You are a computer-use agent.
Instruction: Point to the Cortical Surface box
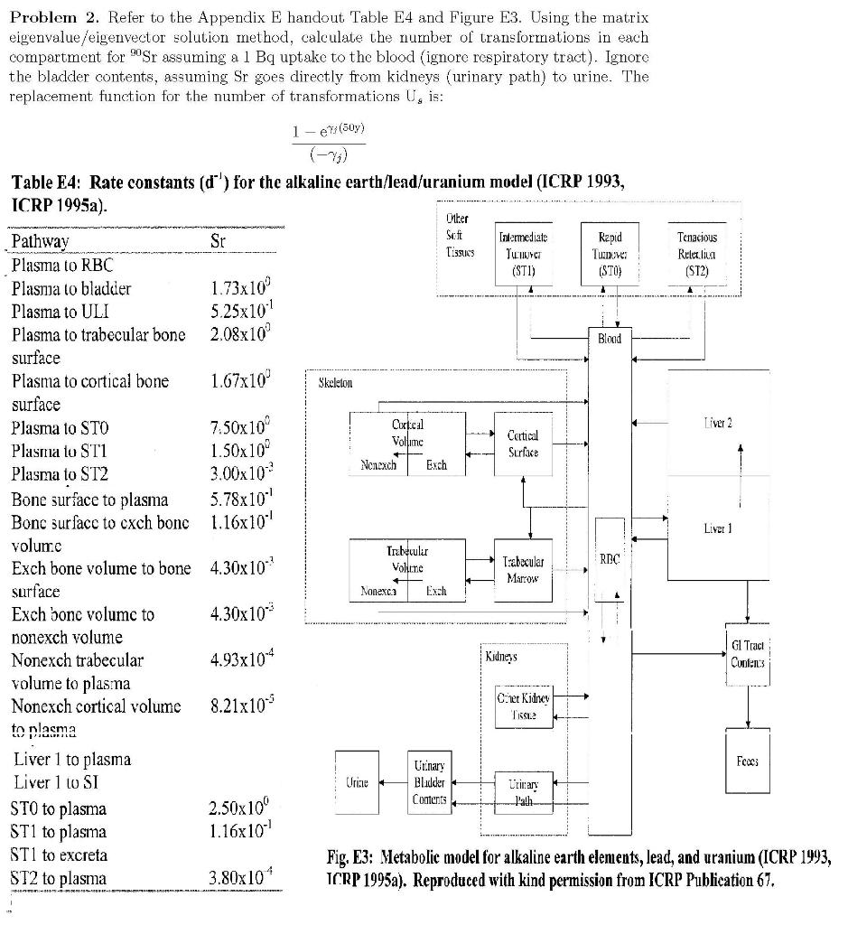tap(524, 442)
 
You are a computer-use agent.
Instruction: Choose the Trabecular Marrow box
tap(523, 566)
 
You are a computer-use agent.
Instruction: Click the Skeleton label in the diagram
tap(336, 382)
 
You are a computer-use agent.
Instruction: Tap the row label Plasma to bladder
tap(71, 289)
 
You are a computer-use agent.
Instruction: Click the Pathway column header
tap(40, 242)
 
